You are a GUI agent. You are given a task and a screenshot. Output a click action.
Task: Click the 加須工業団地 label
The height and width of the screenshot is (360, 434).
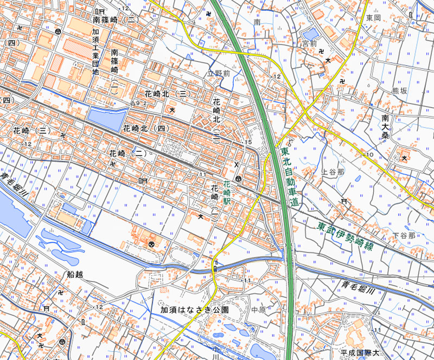[95, 52]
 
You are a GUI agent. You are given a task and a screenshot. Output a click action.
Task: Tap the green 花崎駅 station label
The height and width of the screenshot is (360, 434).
[227, 192]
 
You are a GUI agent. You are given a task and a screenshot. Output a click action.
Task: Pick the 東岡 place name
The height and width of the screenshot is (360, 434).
[373, 18]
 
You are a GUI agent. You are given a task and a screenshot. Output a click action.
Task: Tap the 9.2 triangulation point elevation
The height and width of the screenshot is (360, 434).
[142, 102]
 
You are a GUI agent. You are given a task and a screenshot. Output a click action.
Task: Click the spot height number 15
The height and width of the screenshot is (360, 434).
[249, 142]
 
